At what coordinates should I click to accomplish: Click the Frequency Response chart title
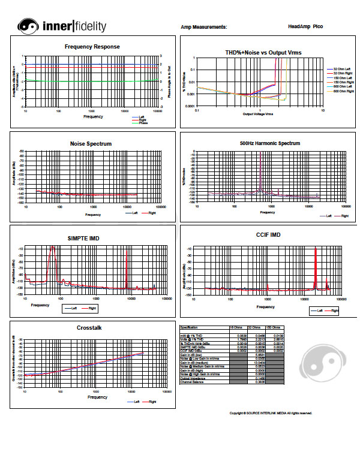[92, 47]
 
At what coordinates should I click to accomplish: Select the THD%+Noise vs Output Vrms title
[263, 53]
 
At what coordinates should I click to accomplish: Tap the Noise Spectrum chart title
[92, 144]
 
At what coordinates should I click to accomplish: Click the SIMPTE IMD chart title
[83, 239]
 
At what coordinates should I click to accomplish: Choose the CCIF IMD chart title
[268, 235]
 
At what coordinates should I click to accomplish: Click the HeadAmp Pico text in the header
[305, 27]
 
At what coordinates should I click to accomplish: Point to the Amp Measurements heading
[204, 27]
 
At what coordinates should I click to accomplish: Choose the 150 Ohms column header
[274, 327]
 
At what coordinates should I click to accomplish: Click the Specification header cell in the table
[193, 327]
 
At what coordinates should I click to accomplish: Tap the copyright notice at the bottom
[271, 413]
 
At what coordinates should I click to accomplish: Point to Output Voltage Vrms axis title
[258, 113]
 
